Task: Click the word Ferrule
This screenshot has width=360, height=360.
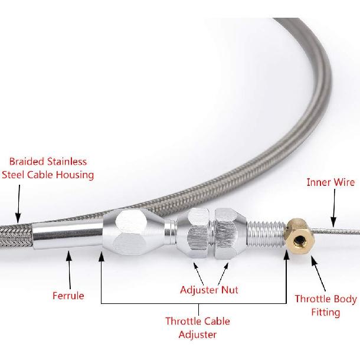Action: click(68, 296)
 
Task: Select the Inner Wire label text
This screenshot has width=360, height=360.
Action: click(330, 182)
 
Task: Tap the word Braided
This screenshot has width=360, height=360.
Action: click(28, 161)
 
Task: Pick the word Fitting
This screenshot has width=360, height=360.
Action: click(325, 312)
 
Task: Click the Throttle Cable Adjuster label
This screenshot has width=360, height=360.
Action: click(197, 328)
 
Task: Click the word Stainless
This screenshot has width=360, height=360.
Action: click(67, 161)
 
